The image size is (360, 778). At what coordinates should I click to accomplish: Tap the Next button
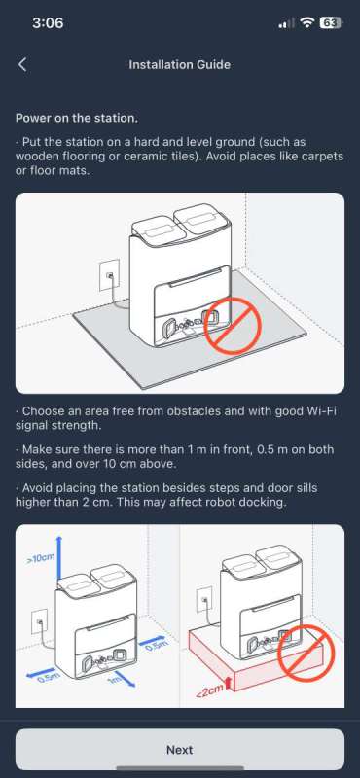(179, 750)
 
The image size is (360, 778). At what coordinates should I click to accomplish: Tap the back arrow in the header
(22, 65)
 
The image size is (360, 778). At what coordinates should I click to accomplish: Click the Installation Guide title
(179, 65)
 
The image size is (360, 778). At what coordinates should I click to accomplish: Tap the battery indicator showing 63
(330, 22)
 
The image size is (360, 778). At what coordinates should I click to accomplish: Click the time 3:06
(47, 22)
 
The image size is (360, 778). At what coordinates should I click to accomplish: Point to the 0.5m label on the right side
(154, 643)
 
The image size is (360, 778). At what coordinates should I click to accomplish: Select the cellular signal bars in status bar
(285, 22)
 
